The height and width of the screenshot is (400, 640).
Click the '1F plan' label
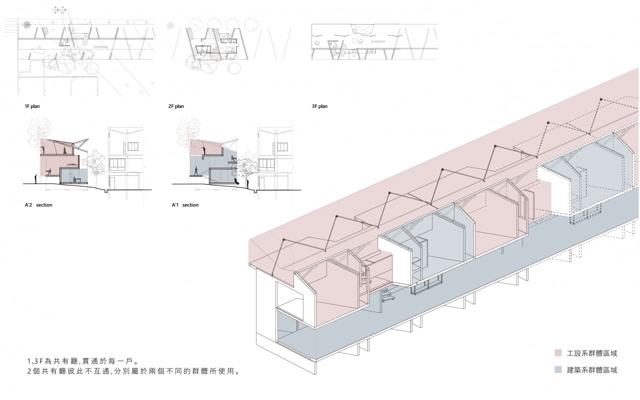(x=33, y=106)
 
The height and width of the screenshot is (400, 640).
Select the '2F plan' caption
(x=176, y=106)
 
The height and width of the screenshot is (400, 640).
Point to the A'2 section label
(x=38, y=205)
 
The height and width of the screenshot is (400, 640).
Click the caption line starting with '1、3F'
(x=82, y=361)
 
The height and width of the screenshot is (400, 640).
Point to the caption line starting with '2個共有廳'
(x=133, y=372)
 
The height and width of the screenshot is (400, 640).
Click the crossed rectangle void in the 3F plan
(x=363, y=29)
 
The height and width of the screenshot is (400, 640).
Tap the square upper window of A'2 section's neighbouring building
(x=132, y=146)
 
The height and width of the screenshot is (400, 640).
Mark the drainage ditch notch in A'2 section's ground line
(x=106, y=190)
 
